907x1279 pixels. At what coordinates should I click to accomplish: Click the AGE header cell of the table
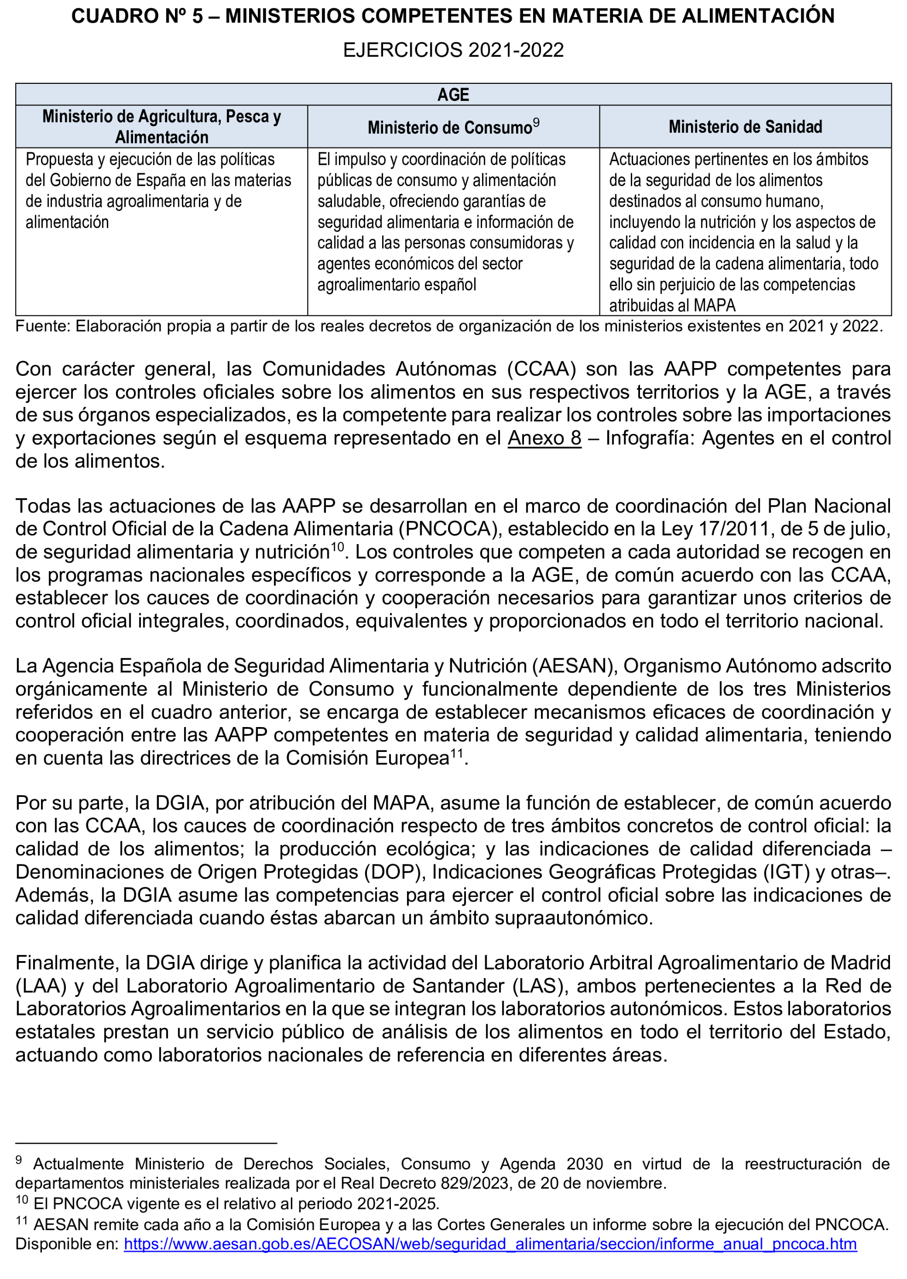(x=453, y=94)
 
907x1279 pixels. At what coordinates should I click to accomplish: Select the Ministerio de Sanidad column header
(x=745, y=127)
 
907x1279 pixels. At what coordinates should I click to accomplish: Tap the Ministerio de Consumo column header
(x=450, y=128)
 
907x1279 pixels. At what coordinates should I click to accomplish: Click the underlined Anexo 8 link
(x=544, y=438)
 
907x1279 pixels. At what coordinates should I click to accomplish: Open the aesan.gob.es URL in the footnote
(x=490, y=1244)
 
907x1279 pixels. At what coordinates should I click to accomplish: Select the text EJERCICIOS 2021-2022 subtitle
(x=453, y=50)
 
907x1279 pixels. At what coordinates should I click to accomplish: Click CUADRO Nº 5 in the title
(x=137, y=16)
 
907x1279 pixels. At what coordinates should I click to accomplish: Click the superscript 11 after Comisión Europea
(x=457, y=753)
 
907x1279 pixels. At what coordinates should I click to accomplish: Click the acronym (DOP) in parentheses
(x=396, y=872)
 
